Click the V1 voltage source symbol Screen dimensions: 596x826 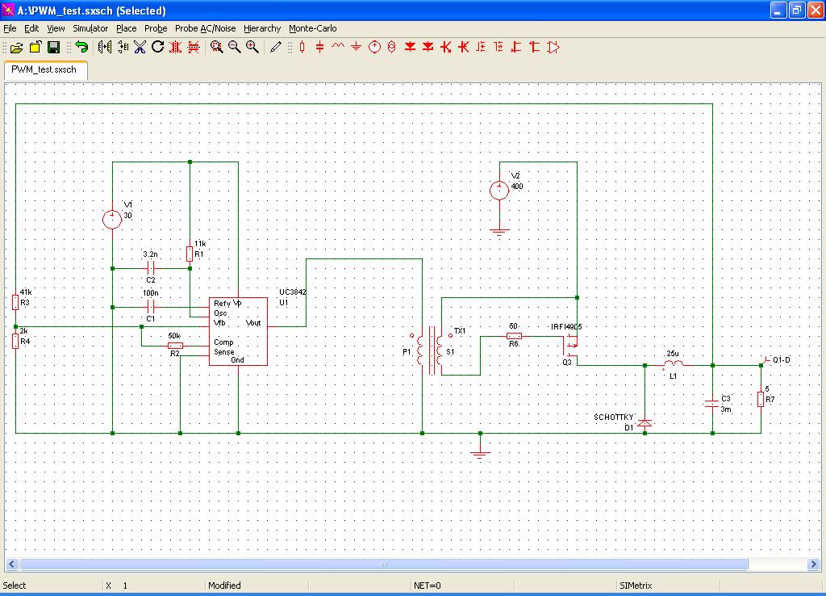(112, 218)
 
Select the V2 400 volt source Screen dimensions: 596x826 (499, 191)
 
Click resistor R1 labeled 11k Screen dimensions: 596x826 (190, 254)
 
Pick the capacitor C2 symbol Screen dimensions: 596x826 (151, 268)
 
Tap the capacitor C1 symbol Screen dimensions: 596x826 (151, 307)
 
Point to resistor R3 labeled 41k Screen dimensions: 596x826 (15, 302)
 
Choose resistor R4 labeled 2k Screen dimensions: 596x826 (15, 341)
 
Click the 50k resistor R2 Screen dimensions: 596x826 (174, 346)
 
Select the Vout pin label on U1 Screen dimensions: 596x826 (253, 323)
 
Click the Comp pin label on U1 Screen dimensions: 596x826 (223, 342)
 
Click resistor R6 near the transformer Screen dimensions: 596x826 (513, 336)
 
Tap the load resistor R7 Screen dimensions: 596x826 (761, 398)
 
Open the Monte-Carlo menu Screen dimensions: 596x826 (312, 28)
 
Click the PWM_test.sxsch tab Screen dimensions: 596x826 (44, 69)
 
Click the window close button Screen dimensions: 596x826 (814, 10)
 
